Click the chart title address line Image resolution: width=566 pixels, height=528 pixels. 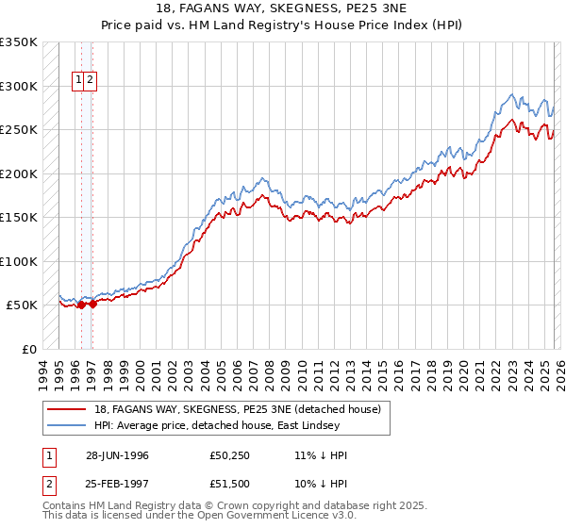pos(282,8)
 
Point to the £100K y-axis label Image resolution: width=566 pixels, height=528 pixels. pos(18,262)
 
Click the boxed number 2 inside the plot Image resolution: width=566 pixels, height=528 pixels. pos(90,80)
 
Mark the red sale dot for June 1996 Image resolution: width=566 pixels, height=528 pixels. pos(81,305)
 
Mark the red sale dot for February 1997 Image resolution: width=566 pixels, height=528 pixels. pos(92,304)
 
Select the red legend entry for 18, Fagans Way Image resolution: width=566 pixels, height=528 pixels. pos(237,409)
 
